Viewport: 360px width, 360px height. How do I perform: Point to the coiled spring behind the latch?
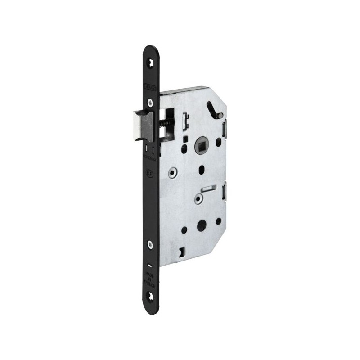click(x=165, y=123)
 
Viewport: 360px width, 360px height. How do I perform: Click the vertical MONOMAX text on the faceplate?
click(x=150, y=157)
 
